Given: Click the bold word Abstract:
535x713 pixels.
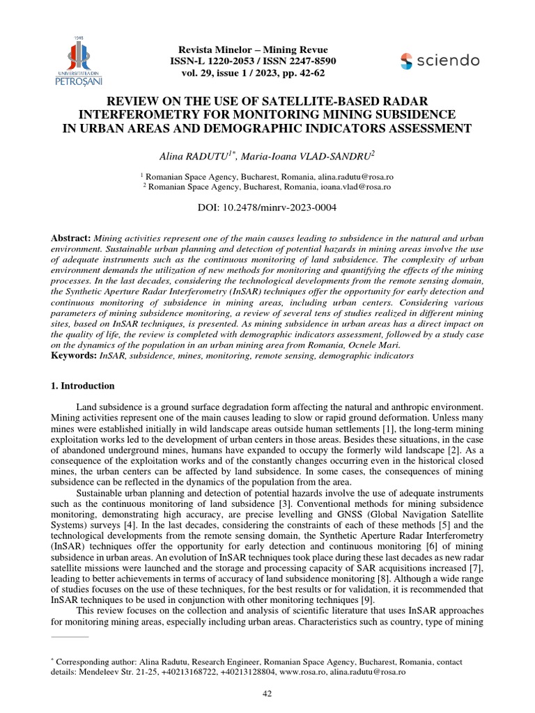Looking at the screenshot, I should (x=71, y=237).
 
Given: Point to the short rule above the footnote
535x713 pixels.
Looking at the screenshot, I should (x=70, y=636).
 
